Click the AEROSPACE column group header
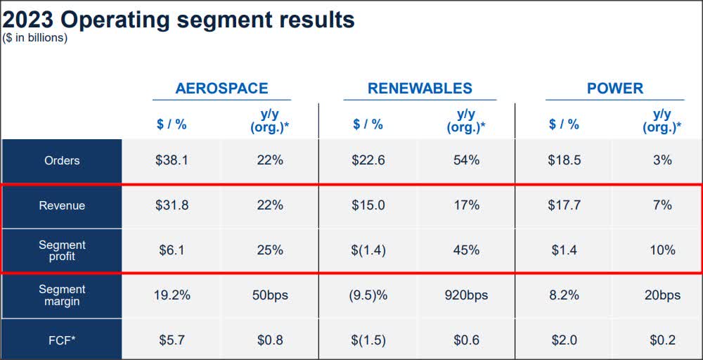221,89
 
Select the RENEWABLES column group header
420,89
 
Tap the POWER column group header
615,89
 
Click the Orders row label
62,160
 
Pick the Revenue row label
62,205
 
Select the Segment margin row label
62,295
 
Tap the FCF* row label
62,340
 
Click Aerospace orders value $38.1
172,160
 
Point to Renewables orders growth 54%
466,160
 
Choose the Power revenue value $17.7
564,205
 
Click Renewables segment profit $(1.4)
368,250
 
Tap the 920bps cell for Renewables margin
466,295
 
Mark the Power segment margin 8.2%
564,295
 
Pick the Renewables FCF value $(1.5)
368,340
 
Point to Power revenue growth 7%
662,205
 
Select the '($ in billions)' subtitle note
35,38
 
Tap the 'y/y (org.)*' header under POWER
662,121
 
